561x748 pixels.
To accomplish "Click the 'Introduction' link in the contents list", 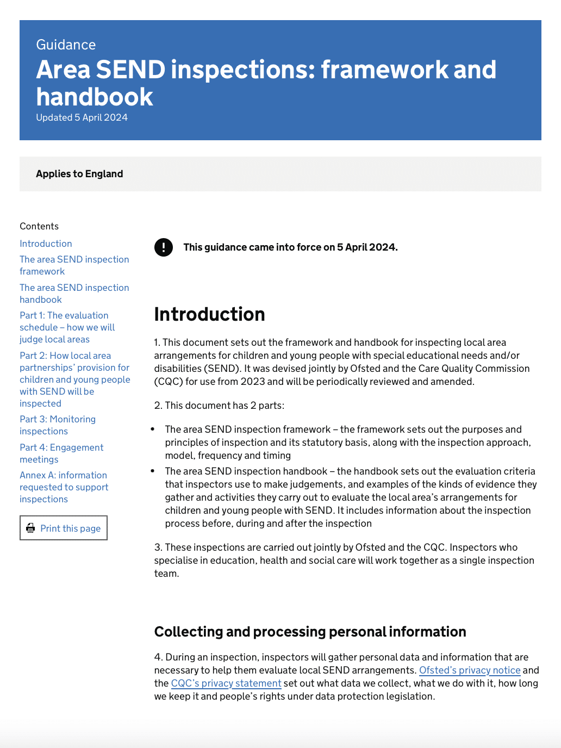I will (46, 244).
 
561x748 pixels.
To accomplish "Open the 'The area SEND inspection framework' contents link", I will (74, 265).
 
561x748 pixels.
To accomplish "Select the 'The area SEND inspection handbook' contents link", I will (74, 294).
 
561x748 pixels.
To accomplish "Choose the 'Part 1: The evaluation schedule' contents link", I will (67, 327).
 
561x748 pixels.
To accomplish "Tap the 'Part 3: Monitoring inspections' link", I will (57, 425).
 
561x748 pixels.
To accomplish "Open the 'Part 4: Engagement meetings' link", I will (61, 453).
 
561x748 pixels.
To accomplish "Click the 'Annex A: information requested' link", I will (64, 487).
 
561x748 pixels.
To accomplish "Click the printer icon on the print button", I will (31, 528).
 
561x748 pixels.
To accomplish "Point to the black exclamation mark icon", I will (164, 247).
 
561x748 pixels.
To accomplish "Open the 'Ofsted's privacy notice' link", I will (470, 670).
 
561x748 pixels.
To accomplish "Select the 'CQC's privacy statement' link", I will (226, 683).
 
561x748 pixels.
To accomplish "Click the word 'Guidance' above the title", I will (66, 45).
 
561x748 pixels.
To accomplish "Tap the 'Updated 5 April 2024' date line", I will (82, 117).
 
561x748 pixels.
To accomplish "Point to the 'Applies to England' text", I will (79, 174).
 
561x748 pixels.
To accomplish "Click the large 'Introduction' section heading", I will (209, 314).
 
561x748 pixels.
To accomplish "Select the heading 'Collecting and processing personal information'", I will (310, 632).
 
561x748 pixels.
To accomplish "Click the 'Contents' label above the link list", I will (39, 226).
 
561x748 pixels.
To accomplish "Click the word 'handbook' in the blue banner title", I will (95, 97).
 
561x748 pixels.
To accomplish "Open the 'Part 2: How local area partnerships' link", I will (74, 379).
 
